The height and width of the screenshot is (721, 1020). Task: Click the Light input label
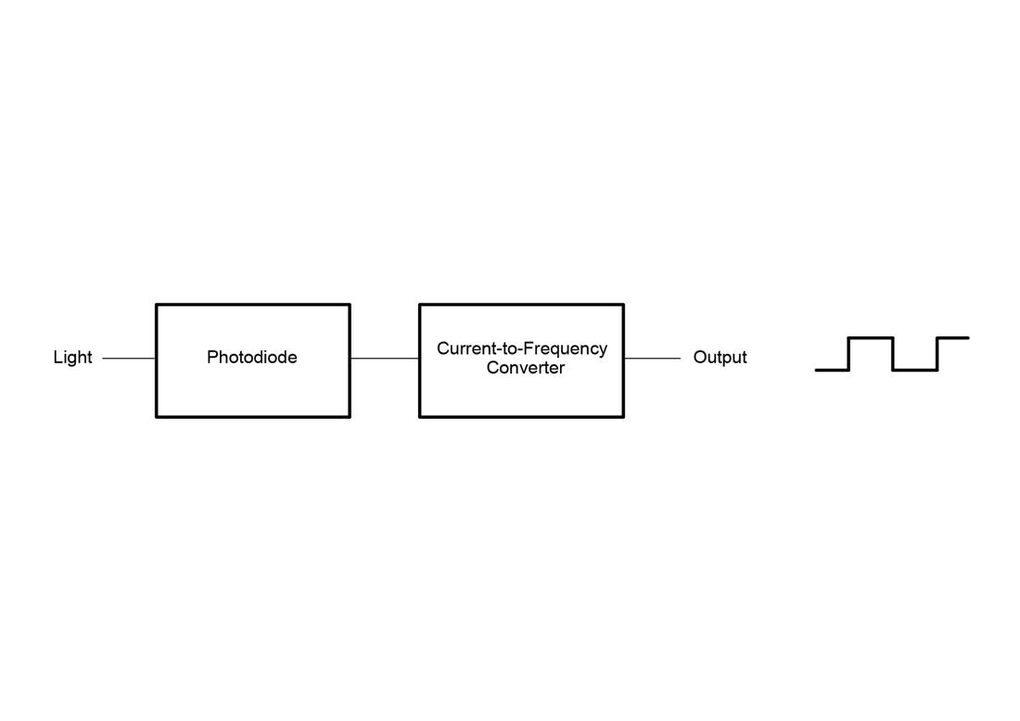72,358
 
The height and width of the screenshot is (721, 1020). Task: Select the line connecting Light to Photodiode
129,358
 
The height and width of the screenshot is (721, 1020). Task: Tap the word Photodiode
252,358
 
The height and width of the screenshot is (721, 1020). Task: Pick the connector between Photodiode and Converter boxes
385,358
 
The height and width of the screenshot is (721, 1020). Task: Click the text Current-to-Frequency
522,348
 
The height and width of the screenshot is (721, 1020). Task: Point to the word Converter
526,368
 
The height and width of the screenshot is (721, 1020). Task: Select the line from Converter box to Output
652,358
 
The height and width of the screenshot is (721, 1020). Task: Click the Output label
720,358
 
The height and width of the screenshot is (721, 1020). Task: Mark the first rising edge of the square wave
848,354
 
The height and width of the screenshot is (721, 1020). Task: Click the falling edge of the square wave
893,354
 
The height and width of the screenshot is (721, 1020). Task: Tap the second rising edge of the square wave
937,354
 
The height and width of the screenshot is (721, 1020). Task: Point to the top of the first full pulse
871,338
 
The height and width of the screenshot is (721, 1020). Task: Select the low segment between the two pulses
915,370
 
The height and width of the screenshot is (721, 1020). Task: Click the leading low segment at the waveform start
832,370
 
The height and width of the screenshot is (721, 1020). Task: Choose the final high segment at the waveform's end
953,338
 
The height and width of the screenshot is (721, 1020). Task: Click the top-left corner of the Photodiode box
157,305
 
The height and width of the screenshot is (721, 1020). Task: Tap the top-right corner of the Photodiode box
350,305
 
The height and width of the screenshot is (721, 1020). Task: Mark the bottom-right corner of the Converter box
623,417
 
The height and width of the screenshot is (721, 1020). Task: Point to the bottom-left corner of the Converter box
420,417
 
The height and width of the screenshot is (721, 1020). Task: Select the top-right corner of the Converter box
623,305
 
